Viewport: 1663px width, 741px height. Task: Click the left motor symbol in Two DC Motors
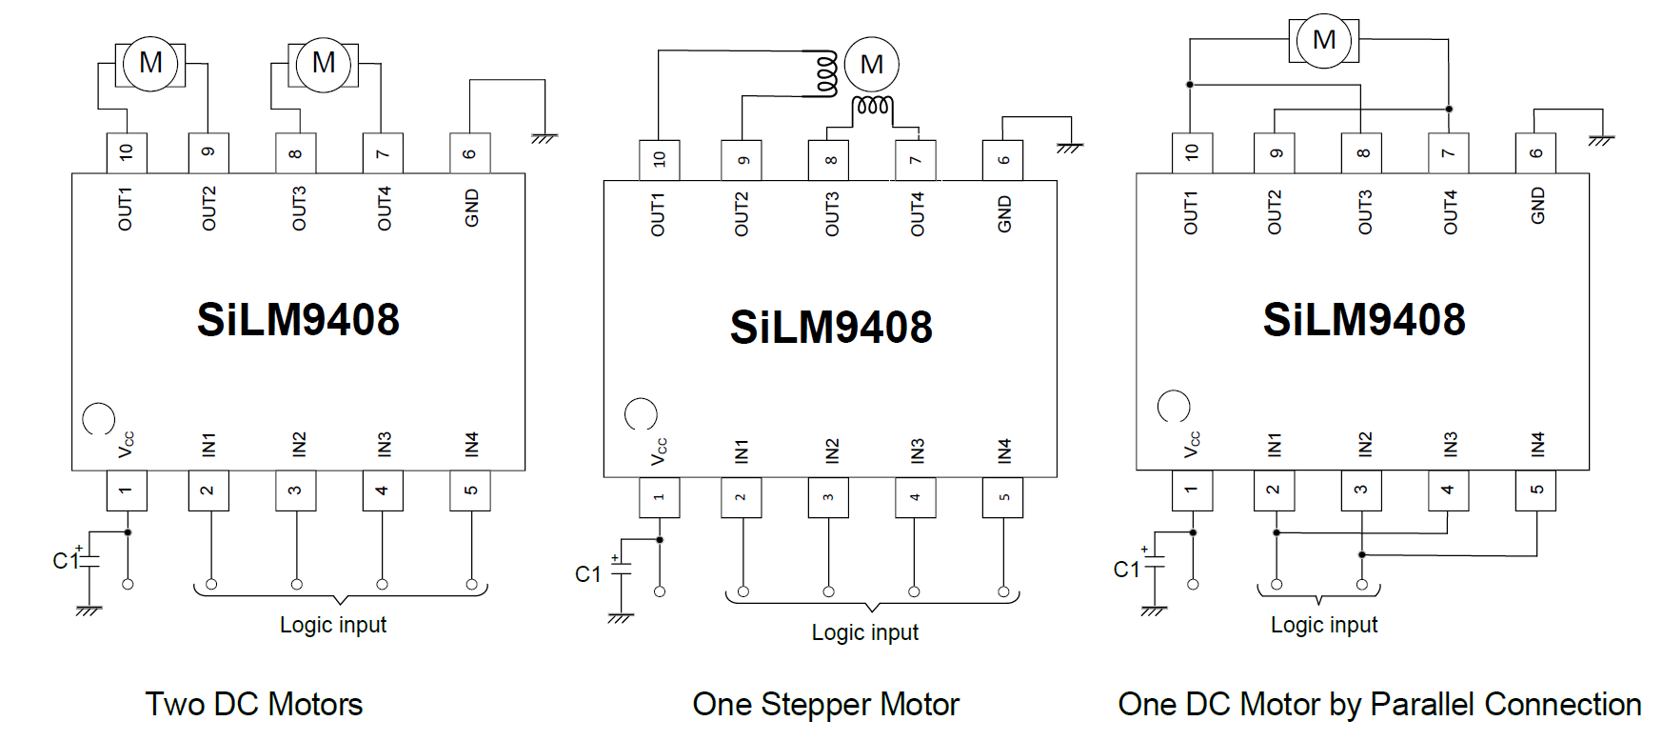click(150, 64)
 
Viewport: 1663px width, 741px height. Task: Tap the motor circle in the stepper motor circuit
click(871, 64)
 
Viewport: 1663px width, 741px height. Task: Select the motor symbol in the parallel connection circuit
click(1323, 40)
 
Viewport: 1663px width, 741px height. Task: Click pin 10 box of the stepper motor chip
click(659, 159)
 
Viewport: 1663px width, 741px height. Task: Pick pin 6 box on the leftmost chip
click(469, 152)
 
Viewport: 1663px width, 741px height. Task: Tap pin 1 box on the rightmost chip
click(1192, 490)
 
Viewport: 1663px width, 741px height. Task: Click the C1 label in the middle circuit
click(588, 574)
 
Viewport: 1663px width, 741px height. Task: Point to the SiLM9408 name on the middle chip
click(831, 327)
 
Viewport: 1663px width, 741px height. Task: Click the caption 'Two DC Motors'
click(253, 704)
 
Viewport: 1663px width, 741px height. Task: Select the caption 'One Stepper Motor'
click(825, 704)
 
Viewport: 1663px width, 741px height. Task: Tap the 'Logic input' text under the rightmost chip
click(1323, 625)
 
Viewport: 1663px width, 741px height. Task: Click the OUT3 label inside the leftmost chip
click(299, 209)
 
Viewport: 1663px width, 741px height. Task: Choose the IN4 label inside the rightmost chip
click(1537, 444)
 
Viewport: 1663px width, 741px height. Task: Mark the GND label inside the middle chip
click(1004, 214)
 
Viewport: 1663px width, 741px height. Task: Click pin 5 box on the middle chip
click(1002, 497)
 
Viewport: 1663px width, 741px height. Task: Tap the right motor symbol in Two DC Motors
click(324, 64)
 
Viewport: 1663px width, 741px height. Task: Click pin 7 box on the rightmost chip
click(1448, 152)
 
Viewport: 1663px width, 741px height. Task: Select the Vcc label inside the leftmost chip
click(127, 444)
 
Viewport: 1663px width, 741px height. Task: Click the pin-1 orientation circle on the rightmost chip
click(1174, 407)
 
